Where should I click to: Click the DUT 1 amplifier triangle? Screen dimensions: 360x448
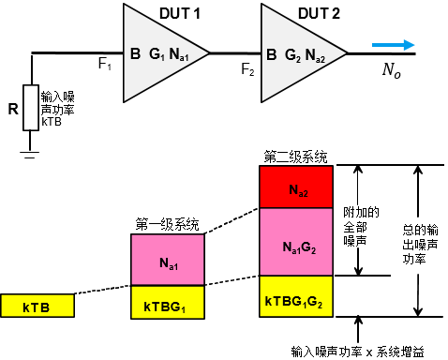tap(159, 54)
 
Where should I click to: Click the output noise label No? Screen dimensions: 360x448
tap(391, 69)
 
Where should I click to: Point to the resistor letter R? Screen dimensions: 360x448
tap(12, 109)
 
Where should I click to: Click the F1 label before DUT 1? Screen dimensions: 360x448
tap(105, 66)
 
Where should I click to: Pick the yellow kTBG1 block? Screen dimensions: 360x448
tap(166, 306)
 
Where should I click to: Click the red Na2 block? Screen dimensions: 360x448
tap(295, 189)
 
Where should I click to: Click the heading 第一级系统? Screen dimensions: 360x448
tap(167, 223)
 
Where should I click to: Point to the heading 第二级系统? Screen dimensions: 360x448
tap(295, 155)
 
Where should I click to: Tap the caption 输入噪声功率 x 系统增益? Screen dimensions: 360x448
tap(356, 352)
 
